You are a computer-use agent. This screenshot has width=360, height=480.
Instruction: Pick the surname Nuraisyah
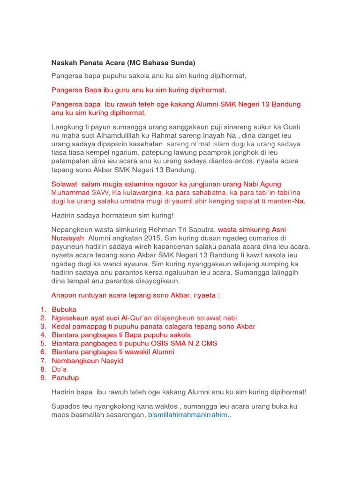point(67,238)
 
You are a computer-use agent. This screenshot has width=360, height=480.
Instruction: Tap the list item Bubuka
point(64,309)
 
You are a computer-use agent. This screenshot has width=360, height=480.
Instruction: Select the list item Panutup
point(65,377)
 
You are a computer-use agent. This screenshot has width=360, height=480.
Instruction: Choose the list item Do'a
point(59,369)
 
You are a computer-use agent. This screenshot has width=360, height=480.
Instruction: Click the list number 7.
point(43,360)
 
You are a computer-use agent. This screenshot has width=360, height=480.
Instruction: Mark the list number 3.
point(43,326)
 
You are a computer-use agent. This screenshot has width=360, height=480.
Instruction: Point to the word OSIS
point(161,343)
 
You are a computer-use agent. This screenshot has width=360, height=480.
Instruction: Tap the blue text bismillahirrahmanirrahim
point(189,415)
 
